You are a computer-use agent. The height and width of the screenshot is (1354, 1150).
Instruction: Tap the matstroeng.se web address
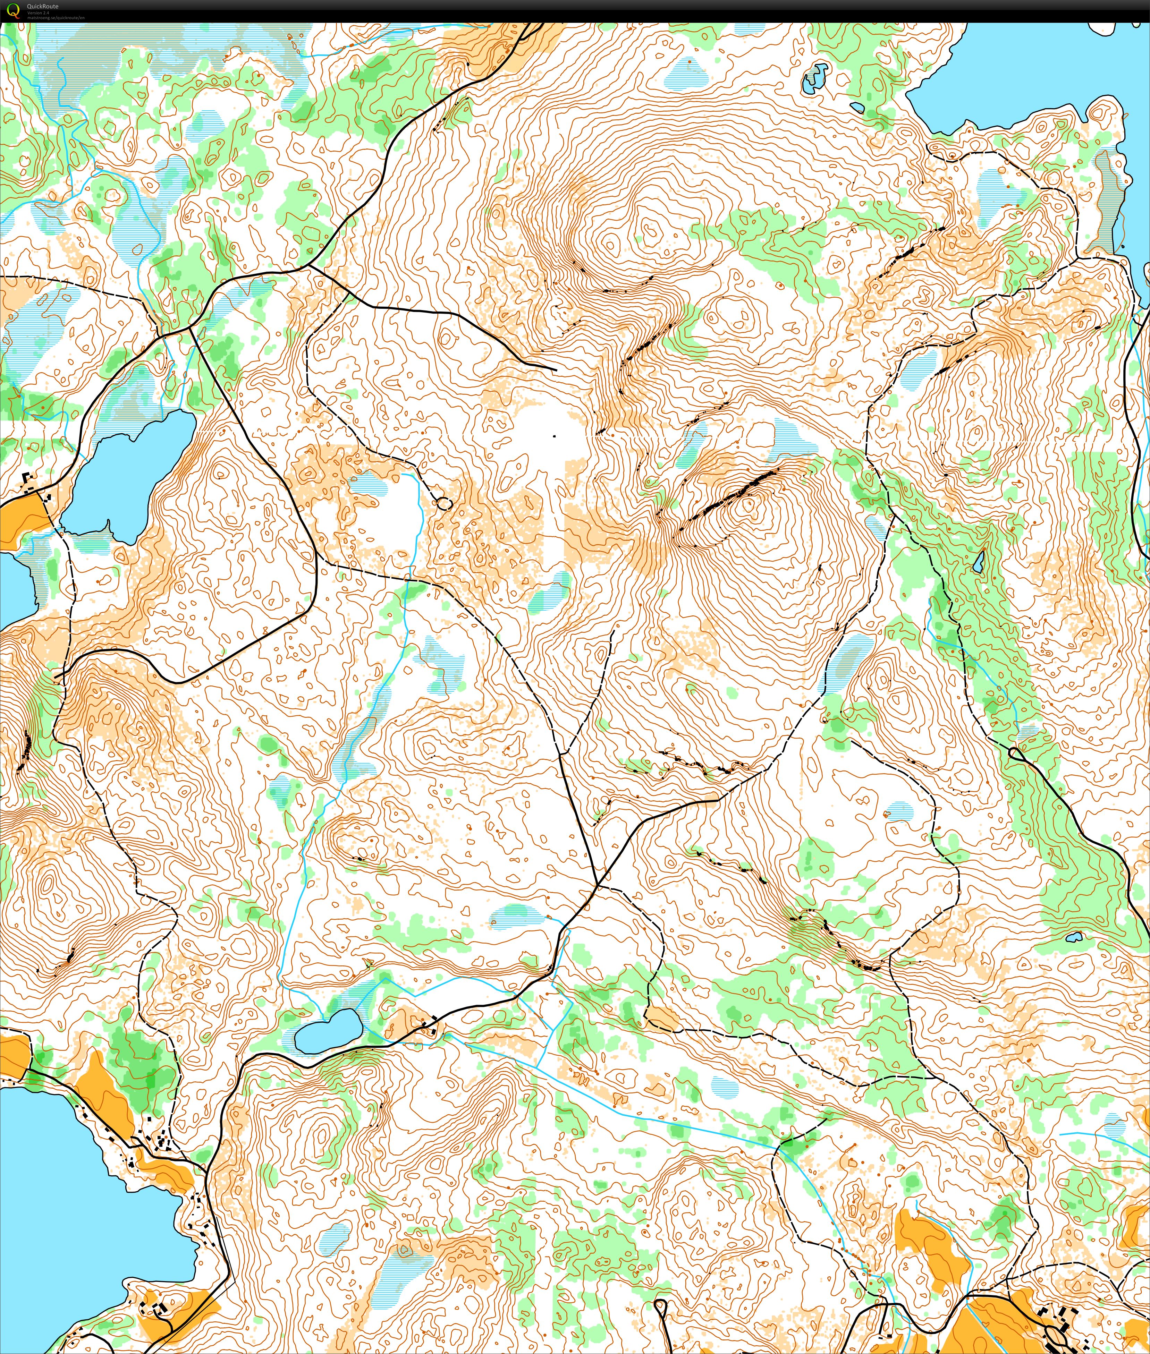(x=56, y=18)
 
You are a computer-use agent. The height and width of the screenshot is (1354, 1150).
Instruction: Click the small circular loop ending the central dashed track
(x=443, y=503)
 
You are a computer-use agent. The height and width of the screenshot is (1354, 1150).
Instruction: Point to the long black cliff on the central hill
(x=730, y=499)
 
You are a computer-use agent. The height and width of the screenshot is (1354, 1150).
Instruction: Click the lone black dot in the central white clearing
(x=554, y=435)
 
